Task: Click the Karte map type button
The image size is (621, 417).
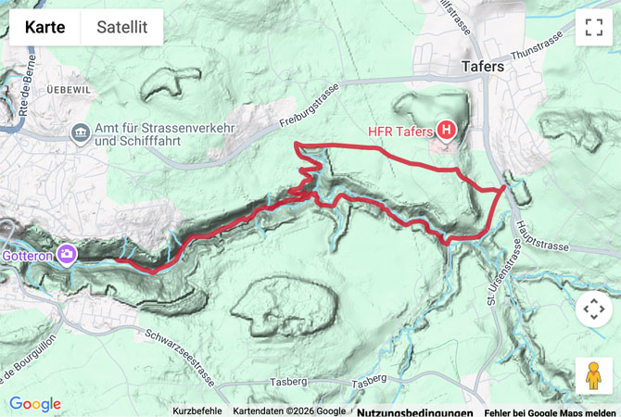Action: pyautogui.click(x=45, y=28)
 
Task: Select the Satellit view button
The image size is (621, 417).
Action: pyautogui.click(x=121, y=28)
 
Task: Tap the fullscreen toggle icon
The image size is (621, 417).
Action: pyautogui.click(x=593, y=28)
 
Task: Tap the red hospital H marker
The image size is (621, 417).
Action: pyautogui.click(x=447, y=131)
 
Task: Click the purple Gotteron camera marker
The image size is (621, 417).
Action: pyautogui.click(x=67, y=253)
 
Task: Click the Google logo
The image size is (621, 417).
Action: pyautogui.click(x=35, y=404)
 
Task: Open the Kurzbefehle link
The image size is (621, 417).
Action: pyautogui.click(x=197, y=411)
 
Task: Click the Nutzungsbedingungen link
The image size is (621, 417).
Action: pyautogui.click(x=414, y=411)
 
